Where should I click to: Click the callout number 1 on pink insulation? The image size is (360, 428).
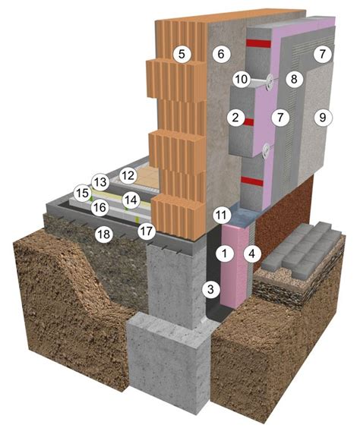(225, 253)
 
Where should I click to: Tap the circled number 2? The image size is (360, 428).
(235, 118)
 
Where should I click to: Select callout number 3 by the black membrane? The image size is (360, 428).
(210, 289)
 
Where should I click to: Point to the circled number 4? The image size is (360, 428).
(252, 254)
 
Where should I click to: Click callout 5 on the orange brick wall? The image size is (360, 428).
(182, 54)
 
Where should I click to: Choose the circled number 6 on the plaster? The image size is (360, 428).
(221, 54)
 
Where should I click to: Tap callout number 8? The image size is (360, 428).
(294, 79)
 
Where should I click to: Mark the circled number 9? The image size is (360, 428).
(323, 118)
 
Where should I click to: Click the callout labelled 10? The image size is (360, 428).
(242, 79)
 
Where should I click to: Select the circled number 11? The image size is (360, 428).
(221, 215)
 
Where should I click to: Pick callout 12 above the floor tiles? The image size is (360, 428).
(128, 175)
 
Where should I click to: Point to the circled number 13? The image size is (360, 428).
(100, 182)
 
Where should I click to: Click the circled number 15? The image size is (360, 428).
(83, 193)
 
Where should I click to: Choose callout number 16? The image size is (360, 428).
(99, 207)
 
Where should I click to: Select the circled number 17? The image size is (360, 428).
(146, 231)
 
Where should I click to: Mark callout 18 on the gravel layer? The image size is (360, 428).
(104, 234)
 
